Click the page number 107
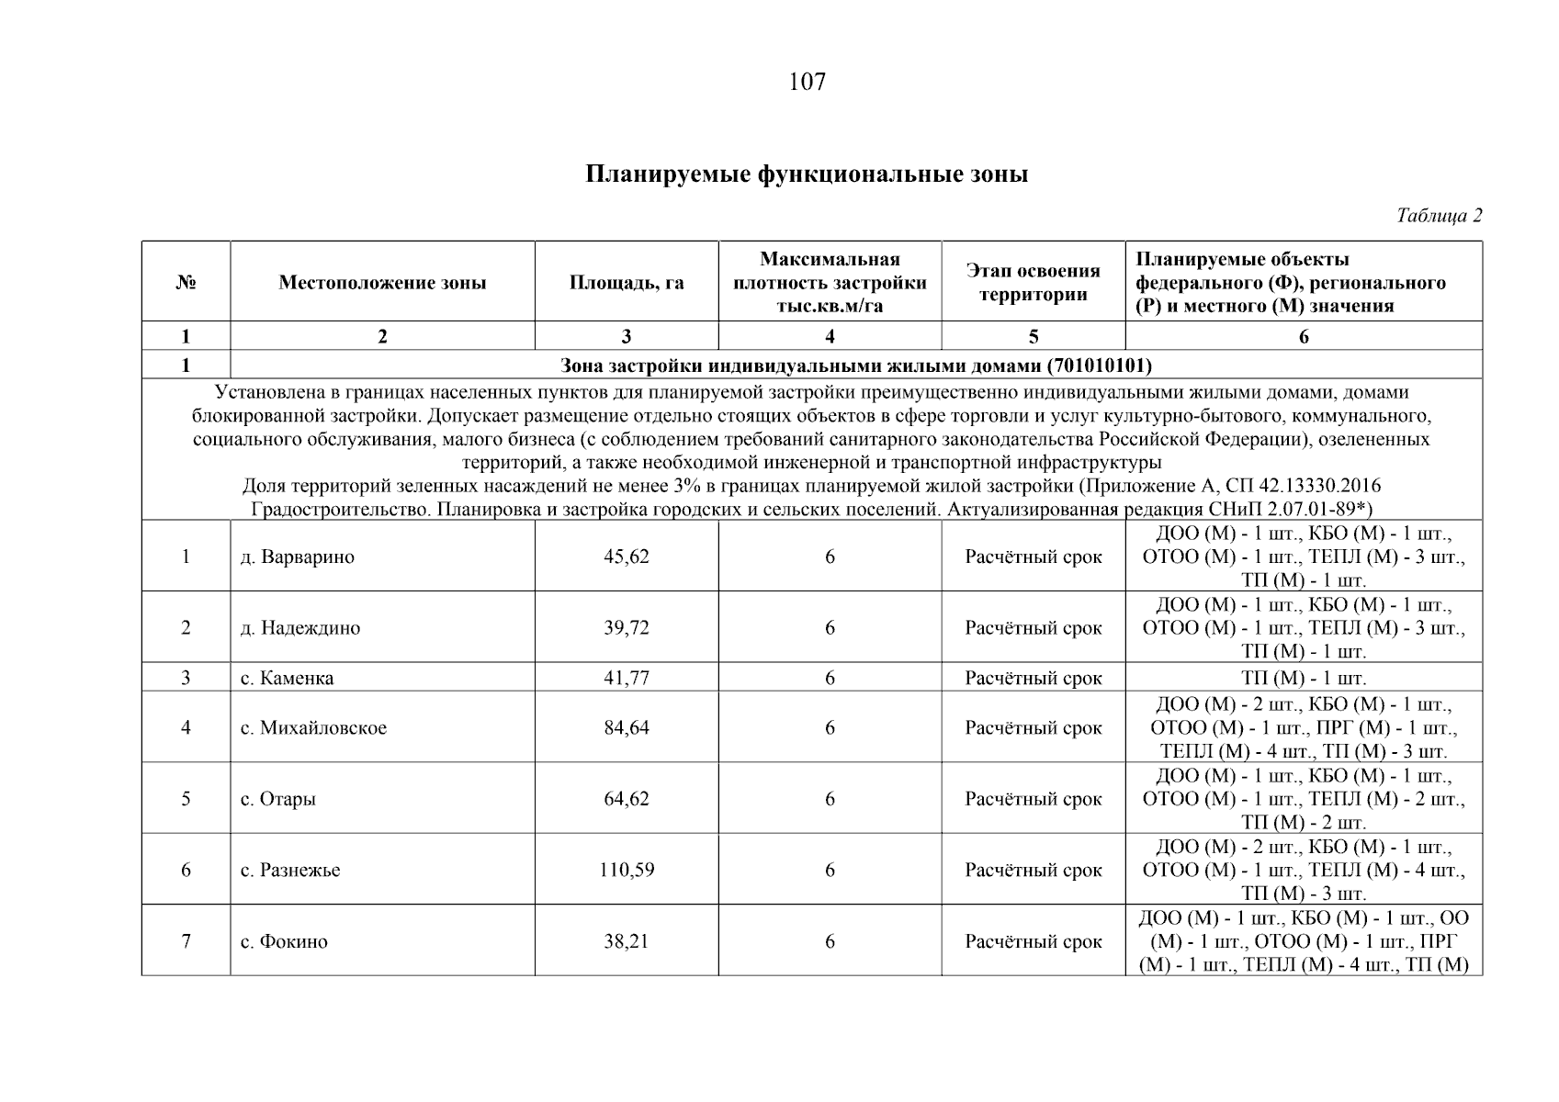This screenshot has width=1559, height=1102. [x=807, y=83]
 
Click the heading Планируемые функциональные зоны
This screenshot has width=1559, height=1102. [x=807, y=174]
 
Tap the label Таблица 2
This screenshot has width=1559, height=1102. [x=1439, y=216]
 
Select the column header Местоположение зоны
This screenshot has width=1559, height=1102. [x=382, y=283]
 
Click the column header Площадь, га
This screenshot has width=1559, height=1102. [x=627, y=283]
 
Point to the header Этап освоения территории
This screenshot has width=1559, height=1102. [x=1033, y=283]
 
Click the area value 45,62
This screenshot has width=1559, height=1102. [x=627, y=557]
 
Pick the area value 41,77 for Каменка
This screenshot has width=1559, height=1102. [x=627, y=679]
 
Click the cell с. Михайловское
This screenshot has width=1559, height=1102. [x=313, y=728]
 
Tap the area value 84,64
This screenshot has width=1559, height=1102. [x=627, y=728]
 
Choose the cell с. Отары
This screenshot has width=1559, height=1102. [x=278, y=799]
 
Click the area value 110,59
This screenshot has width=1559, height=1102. [x=627, y=870]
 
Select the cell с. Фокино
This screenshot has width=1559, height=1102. [x=284, y=941]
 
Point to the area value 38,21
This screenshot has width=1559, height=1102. [x=627, y=941]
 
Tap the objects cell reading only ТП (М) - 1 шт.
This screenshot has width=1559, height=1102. [x=1304, y=679]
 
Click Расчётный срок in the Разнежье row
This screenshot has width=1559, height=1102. [x=1033, y=870]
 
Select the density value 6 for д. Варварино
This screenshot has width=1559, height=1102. [x=830, y=557]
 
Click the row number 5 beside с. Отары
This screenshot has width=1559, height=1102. [x=186, y=799]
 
